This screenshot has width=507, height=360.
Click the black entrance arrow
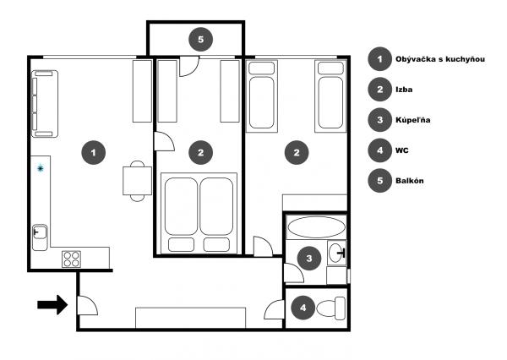point(52,305)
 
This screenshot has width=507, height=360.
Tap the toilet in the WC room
point(330,308)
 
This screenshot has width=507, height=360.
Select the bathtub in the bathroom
point(316,227)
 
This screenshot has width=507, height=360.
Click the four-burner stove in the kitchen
point(72,259)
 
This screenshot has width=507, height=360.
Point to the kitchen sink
point(40,232)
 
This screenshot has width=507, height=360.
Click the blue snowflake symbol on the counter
point(40,168)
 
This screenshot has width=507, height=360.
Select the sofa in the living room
point(45,104)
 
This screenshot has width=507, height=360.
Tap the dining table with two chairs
point(138,181)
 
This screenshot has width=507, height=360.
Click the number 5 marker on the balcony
point(201,40)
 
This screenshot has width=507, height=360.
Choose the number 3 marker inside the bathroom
point(309,258)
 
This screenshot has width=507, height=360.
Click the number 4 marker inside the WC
point(303,308)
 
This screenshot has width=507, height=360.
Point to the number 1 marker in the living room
point(94,152)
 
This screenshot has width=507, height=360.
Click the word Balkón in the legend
point(409,181)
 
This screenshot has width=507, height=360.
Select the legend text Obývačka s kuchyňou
point(440,59)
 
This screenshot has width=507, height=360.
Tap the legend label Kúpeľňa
point(413,120)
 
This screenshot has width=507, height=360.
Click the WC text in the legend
point(402,150)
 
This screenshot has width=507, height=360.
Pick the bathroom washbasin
point(337,253)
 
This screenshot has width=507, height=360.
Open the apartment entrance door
point(87,305)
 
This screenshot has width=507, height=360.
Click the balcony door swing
point(189,66)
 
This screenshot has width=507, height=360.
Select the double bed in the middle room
point(199,214)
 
